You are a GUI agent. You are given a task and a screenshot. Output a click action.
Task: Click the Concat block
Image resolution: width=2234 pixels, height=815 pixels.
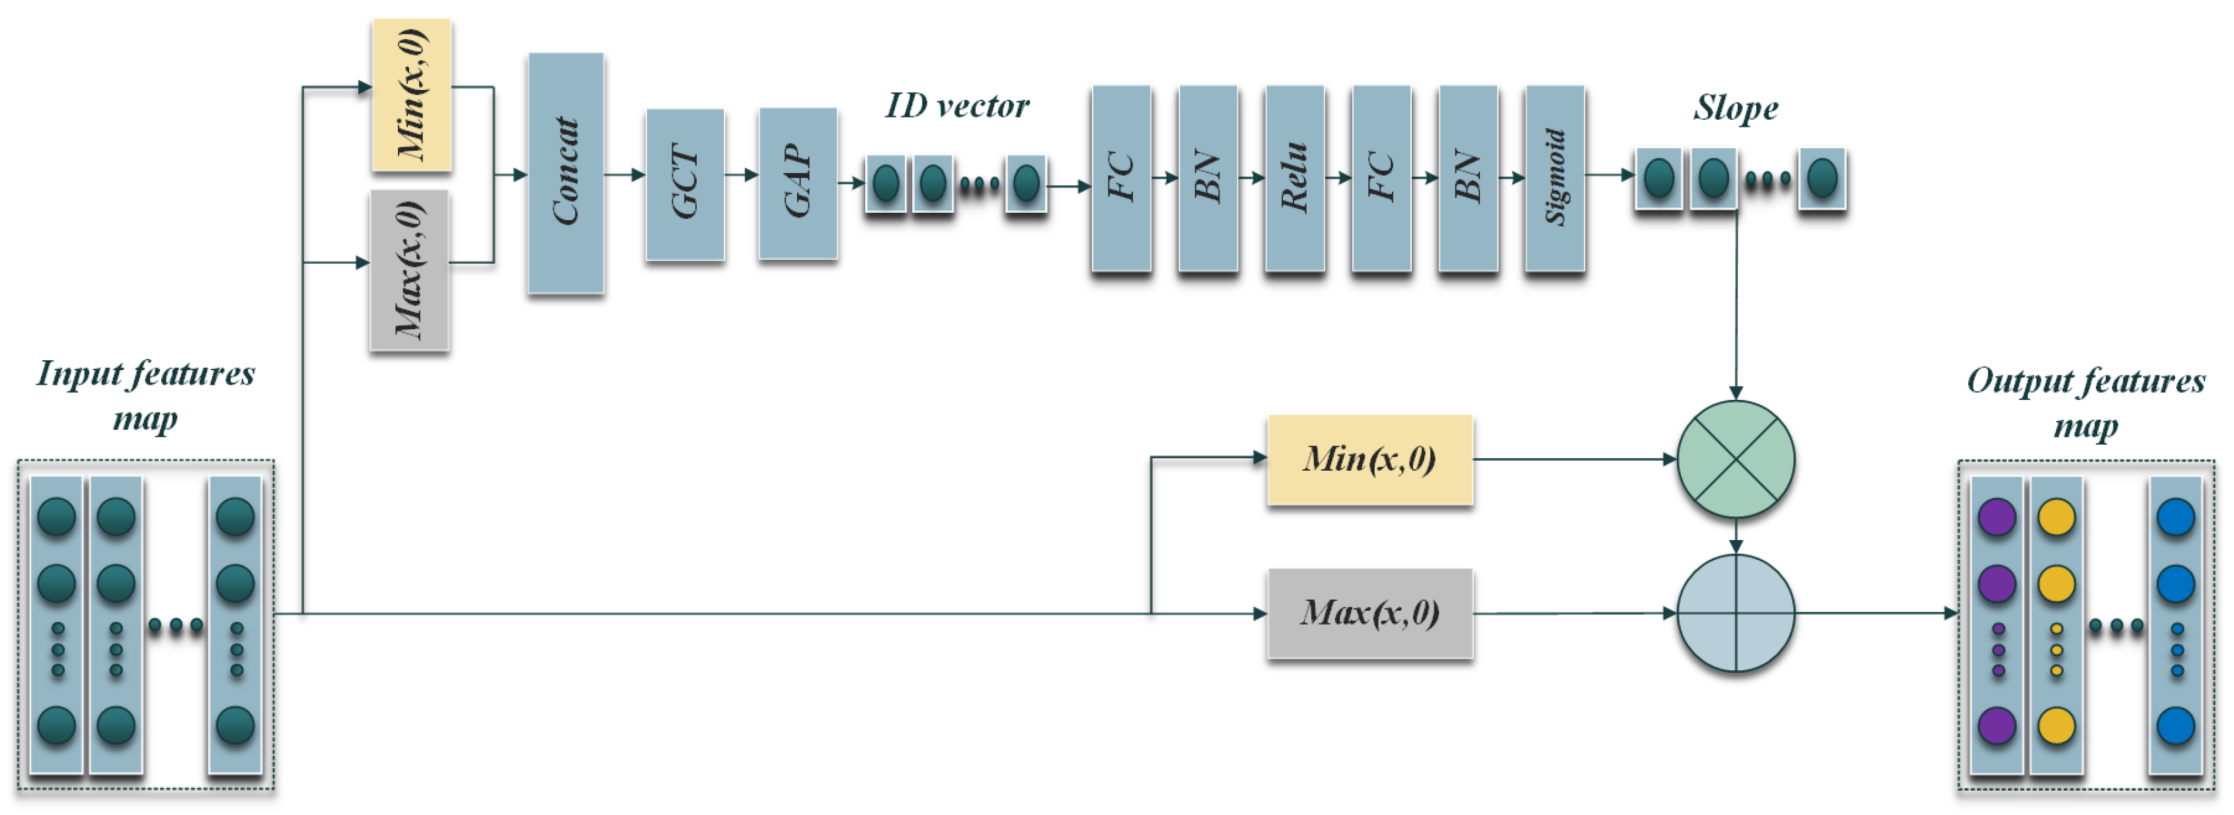click(565, 173)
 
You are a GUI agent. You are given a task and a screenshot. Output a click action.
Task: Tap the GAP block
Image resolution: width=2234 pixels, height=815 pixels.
click(797, 183)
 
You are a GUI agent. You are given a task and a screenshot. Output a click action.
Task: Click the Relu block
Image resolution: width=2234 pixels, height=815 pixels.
click(1294, 178)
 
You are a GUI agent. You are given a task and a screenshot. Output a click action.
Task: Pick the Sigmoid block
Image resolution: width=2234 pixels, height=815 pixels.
click(1554, 178)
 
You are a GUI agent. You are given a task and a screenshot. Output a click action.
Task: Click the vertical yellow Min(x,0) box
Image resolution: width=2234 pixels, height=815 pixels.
click(412, 95)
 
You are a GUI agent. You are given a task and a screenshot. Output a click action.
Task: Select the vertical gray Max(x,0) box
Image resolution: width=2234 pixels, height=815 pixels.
click(409, 270)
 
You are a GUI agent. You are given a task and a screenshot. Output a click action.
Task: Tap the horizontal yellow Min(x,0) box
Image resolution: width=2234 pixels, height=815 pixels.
click(1369, 459)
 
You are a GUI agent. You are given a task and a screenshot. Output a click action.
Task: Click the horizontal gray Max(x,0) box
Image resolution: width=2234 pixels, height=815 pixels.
click(1369, 613)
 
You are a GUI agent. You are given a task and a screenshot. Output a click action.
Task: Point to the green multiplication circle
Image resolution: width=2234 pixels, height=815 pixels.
click(1736, 459)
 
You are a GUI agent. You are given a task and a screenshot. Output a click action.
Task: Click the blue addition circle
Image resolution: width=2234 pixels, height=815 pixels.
click(1736, 613)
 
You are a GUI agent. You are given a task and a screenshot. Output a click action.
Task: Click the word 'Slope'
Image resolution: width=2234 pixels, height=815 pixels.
click(1736, 108)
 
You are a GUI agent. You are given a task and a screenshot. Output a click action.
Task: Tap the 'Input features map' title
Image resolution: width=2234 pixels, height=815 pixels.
click(145, 395)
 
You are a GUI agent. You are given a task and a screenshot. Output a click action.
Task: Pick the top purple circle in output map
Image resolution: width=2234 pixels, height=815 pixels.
click(1996, 518)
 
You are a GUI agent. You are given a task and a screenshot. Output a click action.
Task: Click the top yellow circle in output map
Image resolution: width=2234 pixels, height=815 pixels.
click(2056, 518)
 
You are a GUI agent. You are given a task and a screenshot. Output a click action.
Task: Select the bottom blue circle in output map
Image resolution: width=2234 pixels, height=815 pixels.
click(2175, 726)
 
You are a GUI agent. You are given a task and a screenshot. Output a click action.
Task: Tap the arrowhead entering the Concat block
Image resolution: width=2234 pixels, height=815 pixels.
click(520, 175)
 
